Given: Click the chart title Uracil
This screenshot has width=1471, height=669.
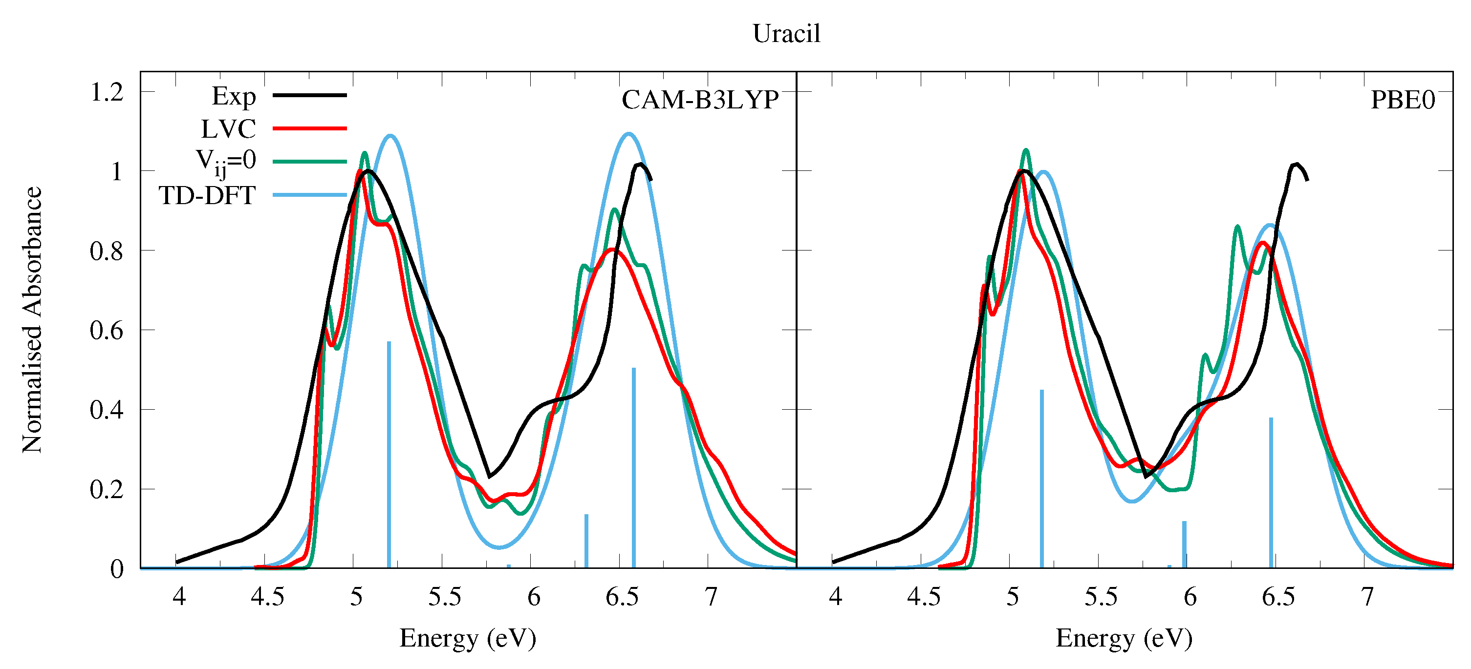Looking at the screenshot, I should coord(786,34).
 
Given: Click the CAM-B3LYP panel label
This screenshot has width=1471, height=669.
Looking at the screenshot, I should coord(700,100).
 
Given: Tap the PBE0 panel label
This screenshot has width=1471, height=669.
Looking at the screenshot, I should coord(1403,100).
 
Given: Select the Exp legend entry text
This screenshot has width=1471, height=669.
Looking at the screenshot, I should coord(234,97).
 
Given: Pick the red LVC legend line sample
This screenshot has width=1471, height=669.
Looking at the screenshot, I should coord(310,128).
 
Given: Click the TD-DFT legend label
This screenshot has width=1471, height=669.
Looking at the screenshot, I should coord(207,196).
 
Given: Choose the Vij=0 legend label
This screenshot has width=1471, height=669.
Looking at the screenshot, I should coord(226,162).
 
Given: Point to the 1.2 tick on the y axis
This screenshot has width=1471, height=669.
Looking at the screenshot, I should coord(107,92).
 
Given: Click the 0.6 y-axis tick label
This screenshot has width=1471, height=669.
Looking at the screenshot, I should coord(107,331).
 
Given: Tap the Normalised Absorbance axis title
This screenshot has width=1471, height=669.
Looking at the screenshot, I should coord(32,320).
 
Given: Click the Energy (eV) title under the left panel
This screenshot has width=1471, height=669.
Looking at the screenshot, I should coord(468,638).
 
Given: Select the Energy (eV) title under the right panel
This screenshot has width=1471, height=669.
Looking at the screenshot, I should coord(1124,638).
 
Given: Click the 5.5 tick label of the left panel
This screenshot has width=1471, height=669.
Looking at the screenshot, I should coord(445,597).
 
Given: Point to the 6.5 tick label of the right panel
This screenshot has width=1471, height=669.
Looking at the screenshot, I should coord(1278,597).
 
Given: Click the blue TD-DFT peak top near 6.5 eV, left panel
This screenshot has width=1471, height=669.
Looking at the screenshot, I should coord(628,134).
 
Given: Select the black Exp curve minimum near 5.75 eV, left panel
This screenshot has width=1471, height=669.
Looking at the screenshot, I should coord(489,476).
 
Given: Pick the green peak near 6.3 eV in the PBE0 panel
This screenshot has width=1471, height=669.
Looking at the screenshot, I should coord(1237,227).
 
